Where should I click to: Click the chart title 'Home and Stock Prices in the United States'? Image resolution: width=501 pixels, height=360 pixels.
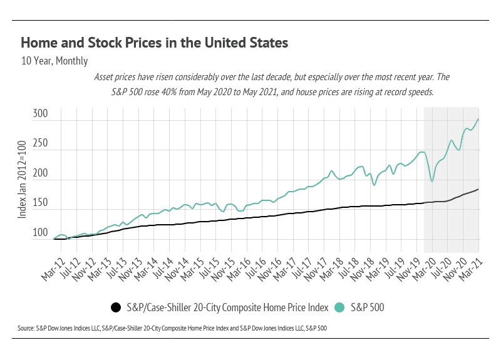154,43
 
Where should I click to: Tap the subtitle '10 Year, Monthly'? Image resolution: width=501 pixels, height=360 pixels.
54,61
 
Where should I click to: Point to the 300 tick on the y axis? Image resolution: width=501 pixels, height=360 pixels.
41,115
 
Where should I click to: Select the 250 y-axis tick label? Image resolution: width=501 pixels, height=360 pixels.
41,143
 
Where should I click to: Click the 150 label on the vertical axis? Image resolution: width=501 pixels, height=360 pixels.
41,203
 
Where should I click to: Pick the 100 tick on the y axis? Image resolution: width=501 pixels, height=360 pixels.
41,233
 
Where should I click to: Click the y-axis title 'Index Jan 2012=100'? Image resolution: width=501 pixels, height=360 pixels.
22,180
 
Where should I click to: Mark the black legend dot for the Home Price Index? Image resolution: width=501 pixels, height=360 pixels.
115,307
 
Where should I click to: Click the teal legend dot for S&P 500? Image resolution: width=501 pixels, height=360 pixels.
340,307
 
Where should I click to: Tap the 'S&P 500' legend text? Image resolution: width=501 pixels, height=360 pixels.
367,307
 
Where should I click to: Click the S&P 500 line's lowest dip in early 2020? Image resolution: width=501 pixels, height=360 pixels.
431,182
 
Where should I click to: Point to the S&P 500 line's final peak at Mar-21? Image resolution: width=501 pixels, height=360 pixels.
478,119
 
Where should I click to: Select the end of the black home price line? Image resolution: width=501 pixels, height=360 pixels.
478,189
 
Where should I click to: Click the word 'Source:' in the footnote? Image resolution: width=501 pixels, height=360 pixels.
29,327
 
